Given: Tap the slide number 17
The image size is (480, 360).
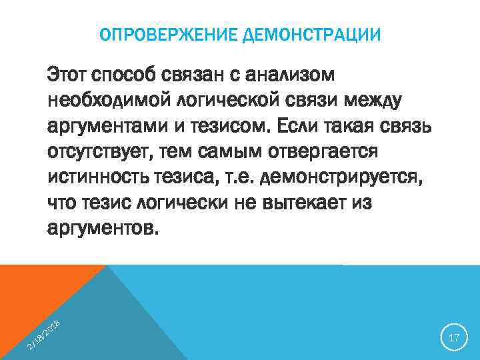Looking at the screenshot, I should [454, 338].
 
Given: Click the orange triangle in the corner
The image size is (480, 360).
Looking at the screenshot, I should [33, 293].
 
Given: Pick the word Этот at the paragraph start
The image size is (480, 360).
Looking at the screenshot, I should [69, 73].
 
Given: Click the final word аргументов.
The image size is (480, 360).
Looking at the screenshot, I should [104, 229].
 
